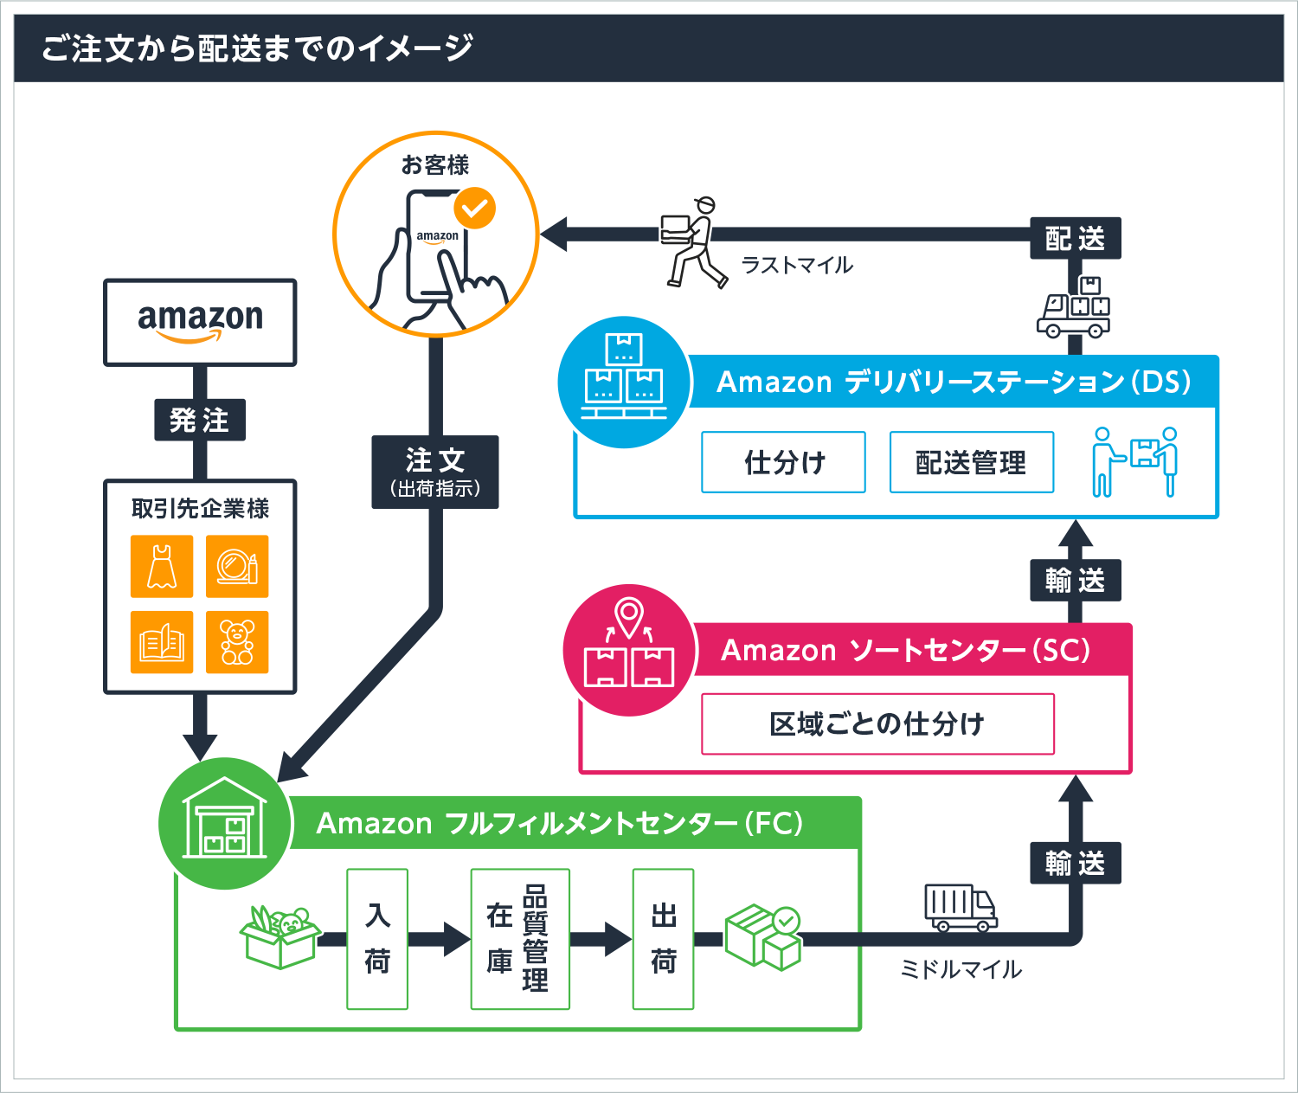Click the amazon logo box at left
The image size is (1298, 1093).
point(200,323)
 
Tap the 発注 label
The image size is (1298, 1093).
point(200,421)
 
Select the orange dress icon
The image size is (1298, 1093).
point(162,567)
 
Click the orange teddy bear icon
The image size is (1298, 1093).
point(237,642)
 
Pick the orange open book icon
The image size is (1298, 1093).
point(162,642)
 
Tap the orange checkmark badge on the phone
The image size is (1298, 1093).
point(474,208)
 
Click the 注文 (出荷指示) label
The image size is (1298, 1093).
point(435,472)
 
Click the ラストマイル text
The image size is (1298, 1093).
point(797,266)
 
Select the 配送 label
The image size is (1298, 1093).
point(1076,238)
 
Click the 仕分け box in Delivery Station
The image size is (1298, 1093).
point(783,462)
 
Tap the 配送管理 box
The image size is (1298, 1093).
point(971,462)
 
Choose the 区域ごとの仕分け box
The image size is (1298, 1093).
point(877,723)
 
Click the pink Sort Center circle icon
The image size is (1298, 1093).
point(629,651)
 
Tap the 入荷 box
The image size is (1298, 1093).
point(377,939)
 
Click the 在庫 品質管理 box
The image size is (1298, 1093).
point(520,939)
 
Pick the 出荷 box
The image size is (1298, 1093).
point(663,939)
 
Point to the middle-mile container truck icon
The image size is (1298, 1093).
point(961,907)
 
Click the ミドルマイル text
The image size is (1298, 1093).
point(961,969)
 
